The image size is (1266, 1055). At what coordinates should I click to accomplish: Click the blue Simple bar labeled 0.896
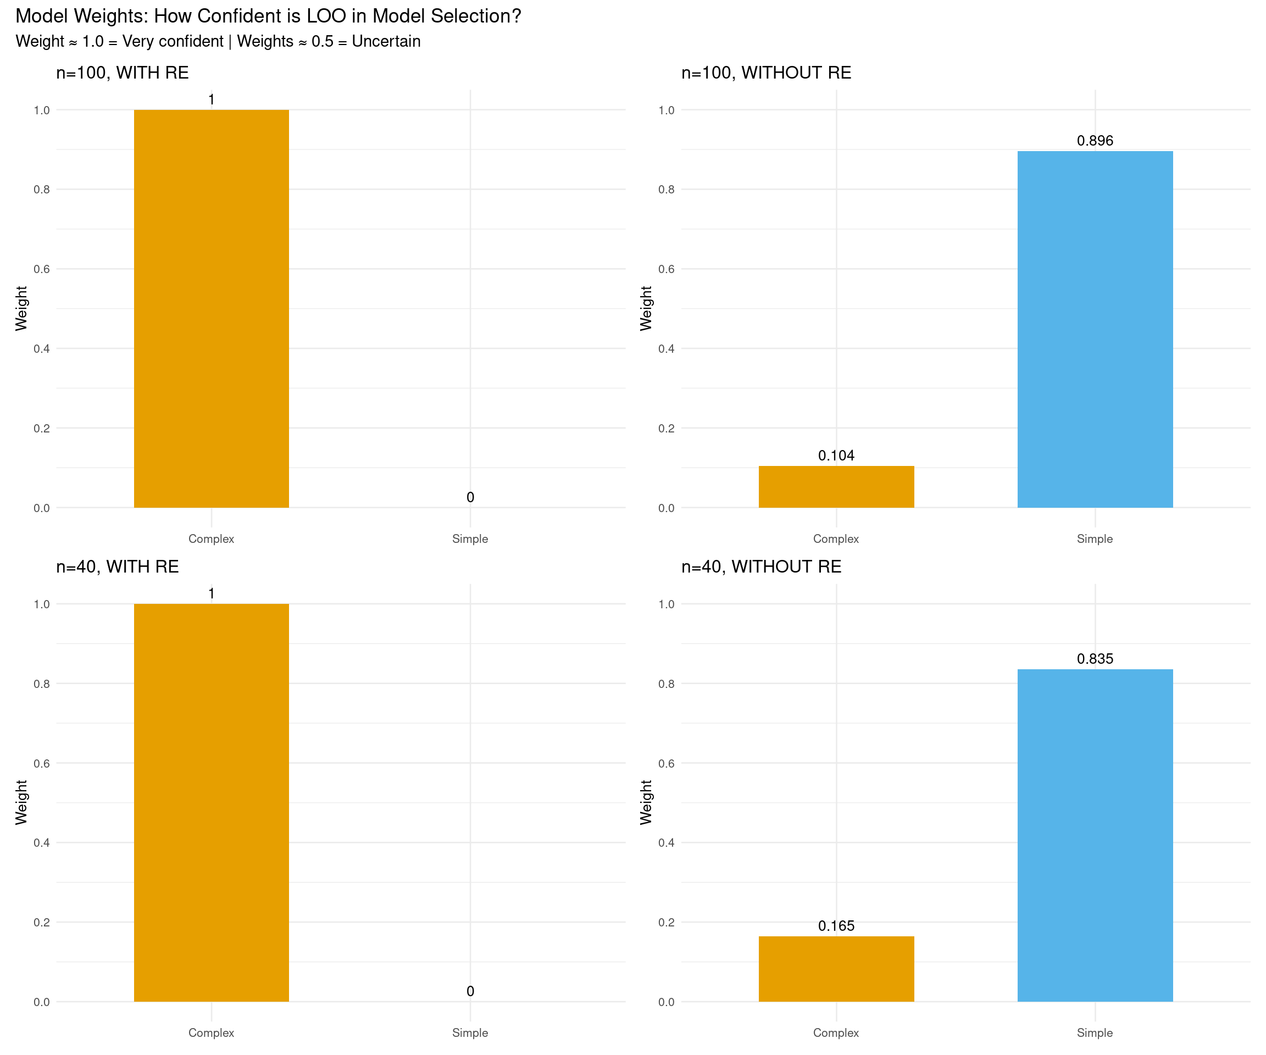[x=1095, y=329]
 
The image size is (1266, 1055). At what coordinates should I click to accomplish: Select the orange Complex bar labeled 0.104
[x=836, y=486]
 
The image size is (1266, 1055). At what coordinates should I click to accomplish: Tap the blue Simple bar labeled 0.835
[x=1095, y=835]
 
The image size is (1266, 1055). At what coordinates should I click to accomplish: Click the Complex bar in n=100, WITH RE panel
[x=211, y=309]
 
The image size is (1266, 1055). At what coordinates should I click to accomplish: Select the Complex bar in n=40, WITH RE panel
[x=211, y=802]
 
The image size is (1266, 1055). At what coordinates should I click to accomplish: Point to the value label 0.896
[x=1095, y=141]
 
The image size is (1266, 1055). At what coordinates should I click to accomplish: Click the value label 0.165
[x=836, y=925]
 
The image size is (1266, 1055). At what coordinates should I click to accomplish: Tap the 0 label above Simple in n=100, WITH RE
[x=470, y=497]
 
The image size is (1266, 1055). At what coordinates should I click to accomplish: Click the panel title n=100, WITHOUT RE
[x=766, y=73]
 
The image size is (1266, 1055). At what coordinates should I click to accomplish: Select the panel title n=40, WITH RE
[x=118, y=567]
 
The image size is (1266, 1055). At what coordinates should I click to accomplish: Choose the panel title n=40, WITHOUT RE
[x=762, y=567]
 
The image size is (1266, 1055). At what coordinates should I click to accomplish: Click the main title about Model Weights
[x=268, y=16]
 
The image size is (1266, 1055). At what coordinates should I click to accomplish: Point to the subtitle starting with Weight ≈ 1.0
[x=218, y=42]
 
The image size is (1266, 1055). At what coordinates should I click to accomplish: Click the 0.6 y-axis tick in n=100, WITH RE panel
[x=42, y=269]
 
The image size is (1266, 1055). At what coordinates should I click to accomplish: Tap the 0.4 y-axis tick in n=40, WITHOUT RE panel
[x=666, y=842]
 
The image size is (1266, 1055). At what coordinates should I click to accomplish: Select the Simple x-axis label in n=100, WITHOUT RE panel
[x=1095, y=539]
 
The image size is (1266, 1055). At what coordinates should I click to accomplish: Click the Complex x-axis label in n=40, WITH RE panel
[x=211, y=1032]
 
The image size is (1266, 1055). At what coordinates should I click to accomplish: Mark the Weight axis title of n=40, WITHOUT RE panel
[x=646, y=802]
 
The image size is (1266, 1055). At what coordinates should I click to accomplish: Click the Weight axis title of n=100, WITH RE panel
[x=21, y=308]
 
